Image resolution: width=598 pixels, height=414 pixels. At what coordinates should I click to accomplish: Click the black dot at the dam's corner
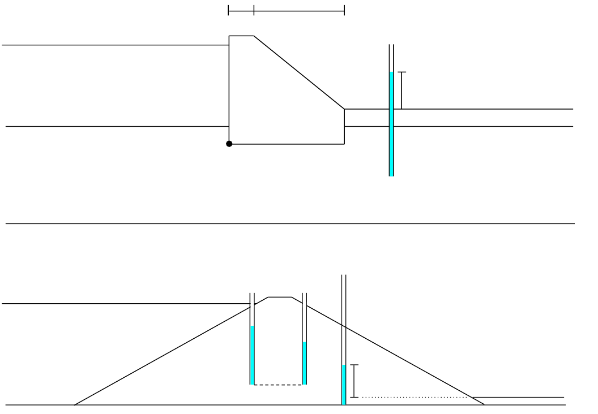point(229,144)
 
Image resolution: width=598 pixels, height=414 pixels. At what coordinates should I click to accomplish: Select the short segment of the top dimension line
point(241,10)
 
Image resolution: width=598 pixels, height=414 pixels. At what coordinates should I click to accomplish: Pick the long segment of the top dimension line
point(299,10)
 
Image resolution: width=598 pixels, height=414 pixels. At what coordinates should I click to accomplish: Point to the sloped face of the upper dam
point(299,72)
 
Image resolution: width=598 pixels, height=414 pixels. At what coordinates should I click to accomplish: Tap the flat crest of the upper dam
point(241,36)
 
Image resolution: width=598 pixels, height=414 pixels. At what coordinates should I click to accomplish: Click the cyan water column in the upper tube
point(391,124)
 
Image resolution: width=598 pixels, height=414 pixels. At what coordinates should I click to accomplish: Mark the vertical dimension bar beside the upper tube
point(401,90)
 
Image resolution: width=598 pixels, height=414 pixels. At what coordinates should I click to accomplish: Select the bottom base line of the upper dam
point(287,144)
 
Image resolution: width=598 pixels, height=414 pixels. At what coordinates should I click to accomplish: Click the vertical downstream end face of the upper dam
point(344,126)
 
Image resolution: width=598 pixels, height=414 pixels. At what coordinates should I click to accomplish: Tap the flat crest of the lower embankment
point(280,296)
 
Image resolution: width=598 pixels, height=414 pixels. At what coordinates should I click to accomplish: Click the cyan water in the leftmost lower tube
point(252,355)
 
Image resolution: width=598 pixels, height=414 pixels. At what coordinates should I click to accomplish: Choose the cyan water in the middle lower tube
point(304,363)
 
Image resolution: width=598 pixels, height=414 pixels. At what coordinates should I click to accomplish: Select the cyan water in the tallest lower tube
point(343,385)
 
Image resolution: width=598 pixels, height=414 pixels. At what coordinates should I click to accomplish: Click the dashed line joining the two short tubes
point(278,385)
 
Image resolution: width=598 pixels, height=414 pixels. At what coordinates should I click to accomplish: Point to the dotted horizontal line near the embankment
point(416,398)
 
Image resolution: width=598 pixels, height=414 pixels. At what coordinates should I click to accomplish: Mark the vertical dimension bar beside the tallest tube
point(354,381)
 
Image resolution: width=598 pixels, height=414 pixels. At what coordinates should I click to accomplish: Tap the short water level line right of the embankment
point(518,398)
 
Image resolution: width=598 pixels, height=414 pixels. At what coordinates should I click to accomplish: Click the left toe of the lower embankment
point(75,404)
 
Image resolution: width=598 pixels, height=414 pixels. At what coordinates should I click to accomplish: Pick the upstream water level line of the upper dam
point(113,45)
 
